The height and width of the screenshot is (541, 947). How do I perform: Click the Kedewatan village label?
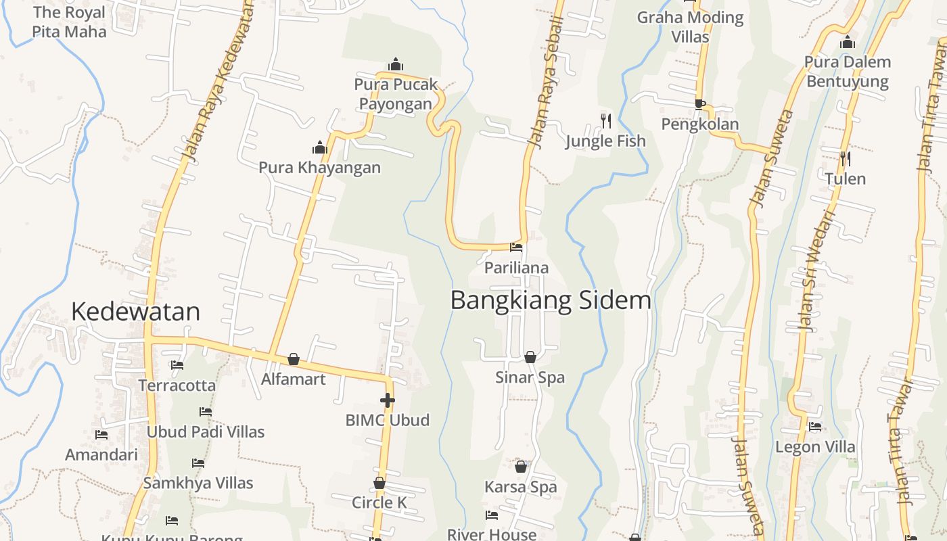click(x=135, y=311)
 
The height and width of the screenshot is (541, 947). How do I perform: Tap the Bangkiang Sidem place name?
click(x=551, y=300)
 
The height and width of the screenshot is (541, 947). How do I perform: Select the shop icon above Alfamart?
click(x=294, y=359)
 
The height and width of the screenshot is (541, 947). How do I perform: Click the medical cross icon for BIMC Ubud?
click(x=387, y=400)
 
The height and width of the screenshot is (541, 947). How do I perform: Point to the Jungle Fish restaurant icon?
click(x=606, y=121)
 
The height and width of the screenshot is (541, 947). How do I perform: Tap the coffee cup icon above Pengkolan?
click(x=700, y=104)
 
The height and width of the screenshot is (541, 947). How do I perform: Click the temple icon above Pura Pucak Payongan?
click(x=396, y=65)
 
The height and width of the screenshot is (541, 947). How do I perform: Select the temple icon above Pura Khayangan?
click(x=320, y=147)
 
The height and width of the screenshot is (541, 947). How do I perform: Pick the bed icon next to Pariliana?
click(x=516, y=248)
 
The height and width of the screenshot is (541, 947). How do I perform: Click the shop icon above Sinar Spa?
click(x=530, y=356)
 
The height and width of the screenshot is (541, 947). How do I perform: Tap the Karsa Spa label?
click(x=521, y=487)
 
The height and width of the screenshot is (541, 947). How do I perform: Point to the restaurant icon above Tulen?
click(x=845, y=159)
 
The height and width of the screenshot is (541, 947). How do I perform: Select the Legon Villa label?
click(x=815, y=447)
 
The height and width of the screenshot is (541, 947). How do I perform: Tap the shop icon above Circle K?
click(x=379, y=483)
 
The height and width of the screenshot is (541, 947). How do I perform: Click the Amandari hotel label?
click(x=101, y=454)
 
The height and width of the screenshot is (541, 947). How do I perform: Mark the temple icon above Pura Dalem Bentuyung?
click(x=848, y=43)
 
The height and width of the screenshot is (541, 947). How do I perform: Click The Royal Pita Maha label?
click(x=69, y=22)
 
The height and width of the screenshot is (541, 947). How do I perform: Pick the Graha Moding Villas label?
click(x=690, y=26)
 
